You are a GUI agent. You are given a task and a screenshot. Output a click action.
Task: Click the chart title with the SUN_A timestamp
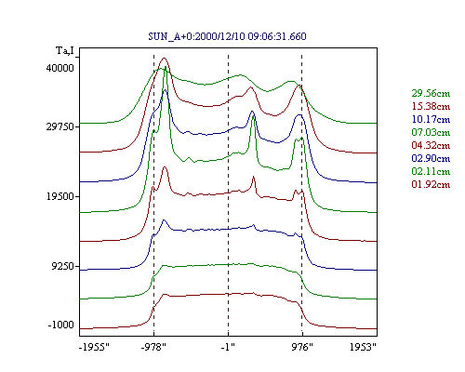click(227, 36)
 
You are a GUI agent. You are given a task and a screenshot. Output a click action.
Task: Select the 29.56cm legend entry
click(431, 93)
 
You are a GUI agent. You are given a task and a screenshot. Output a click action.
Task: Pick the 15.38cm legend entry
click(431, 106)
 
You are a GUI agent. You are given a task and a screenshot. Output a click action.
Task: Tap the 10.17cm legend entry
click(431, 119)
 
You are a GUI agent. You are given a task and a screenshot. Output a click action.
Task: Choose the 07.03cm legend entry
click(431, 132)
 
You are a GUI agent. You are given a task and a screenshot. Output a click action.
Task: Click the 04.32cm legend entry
click(431, 145)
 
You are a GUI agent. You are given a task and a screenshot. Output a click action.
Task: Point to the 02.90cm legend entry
click(431, 158)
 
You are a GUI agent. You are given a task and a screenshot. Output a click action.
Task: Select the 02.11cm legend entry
click(431, 171)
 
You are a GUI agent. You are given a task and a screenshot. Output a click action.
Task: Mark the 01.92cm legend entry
click(431, 184)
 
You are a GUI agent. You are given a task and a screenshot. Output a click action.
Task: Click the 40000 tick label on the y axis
click(60, 68)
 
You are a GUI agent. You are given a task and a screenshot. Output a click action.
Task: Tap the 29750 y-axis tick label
click(60, 127)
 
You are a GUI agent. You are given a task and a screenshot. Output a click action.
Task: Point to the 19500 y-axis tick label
click(60, 197)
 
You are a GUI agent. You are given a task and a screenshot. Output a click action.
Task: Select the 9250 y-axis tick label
click(63, 267)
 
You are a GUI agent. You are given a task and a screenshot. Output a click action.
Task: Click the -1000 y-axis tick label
click(61, 325)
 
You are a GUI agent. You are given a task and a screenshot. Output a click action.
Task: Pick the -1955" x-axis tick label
click(94, 347)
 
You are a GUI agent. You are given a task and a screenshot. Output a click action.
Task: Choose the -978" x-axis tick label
click(153, 347)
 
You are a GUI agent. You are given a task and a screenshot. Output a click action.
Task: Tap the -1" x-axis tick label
click(228, 347)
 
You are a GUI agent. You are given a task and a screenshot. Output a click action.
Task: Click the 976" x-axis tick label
click(302, 347)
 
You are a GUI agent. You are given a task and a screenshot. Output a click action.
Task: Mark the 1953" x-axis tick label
click(363, 347)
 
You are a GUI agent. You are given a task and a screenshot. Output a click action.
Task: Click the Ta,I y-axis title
click(65, 50)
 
